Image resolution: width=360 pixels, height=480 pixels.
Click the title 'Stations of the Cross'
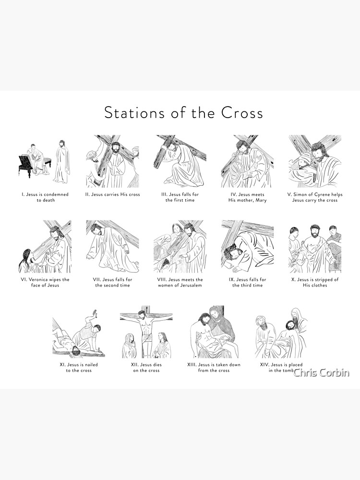pyautogui.click(x=183, y=112)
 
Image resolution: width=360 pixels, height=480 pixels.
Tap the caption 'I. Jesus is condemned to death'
pyautogui.click(x=45, y=197)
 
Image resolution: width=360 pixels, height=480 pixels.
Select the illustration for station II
pyautogui.click(x=112, y=161)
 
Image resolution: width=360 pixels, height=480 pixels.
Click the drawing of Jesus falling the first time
pyautogui.click(x=180, y=161)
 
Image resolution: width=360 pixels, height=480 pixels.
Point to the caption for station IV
pyautogui.click(x=247, y=197)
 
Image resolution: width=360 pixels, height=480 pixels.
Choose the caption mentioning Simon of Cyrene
pyautogui.click(x=315, y=197)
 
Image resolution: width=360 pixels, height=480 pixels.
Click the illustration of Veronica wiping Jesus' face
pyautogui.click(x=45, y=246)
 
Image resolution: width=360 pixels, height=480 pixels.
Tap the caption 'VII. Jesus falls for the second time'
pyautogui.click(x=112, y=282)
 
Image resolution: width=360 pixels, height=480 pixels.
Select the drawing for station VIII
pyautogui.click(x=180, y=246)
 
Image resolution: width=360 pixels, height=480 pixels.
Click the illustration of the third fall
pyautogui.click(x=247, y=246)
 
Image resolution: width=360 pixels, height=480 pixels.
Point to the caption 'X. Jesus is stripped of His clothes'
pyautogui.click(x=315, y=282)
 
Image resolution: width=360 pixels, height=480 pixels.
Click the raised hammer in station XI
pyautogui.click(x=95, y=312)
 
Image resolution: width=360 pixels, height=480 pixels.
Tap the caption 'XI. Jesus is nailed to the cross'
pyautogui.click(x=79, y=367)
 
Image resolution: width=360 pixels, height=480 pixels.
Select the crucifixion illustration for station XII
pyautogui.click(x=146, y=332)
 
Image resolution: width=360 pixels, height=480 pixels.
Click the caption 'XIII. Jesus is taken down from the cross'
pyautogui.click(x=214, y=367)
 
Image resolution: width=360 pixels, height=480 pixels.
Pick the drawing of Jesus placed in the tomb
pyautogui.click(x=281, y=332)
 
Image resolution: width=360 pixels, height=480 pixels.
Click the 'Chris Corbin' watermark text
pyautogui.click(x=321, y=372)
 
